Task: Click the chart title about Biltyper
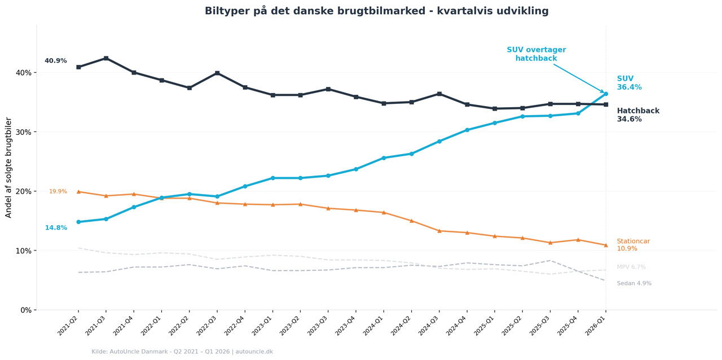point(376,11)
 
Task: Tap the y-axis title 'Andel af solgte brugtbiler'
point(9,168)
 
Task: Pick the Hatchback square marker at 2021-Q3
point(106,58)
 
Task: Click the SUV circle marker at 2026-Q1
point(606,94)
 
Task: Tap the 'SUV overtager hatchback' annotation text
point(536,54)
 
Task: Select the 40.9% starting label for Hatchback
point(56,61)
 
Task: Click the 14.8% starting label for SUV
point(56,228)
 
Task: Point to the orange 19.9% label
point(58,192)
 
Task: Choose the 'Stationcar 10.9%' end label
point(633,245)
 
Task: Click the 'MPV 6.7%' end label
point(631,267)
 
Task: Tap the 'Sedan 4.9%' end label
point(634,284)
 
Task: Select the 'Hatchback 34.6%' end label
point(637,115)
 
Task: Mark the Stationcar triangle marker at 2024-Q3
point(439,231)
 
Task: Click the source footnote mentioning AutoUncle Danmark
point(182,352)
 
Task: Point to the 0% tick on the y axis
point(26,310)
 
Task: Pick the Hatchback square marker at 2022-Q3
point(217,73)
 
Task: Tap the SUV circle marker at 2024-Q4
point(467,130)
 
